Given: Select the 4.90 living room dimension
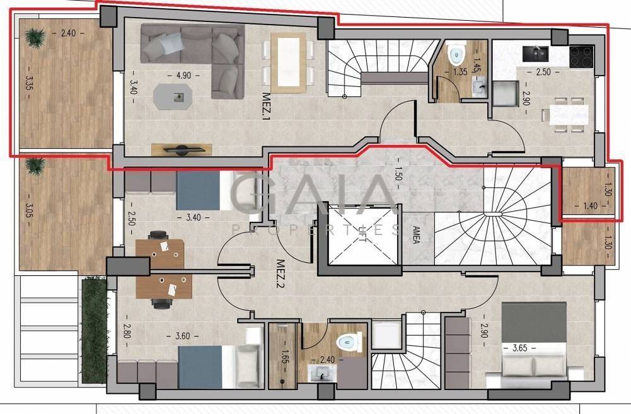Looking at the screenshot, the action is (183, 75).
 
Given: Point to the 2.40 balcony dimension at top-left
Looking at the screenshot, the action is (68, 33).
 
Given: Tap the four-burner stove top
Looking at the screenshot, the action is (581, 56).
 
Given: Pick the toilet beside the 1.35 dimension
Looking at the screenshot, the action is (456, 55).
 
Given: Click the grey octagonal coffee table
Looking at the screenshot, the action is (173, 96).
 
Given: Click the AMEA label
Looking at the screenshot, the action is (416, 235).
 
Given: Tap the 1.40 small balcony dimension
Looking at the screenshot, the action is (590, 206).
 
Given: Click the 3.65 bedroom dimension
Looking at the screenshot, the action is (520, 348).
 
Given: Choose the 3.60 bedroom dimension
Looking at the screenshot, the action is (182, 335).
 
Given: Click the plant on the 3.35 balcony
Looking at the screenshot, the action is (34, 37).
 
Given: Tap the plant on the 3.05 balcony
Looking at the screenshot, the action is (35, 165).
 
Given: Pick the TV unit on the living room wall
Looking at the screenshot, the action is (182, 150).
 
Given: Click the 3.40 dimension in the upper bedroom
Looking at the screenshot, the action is (193, 217).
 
